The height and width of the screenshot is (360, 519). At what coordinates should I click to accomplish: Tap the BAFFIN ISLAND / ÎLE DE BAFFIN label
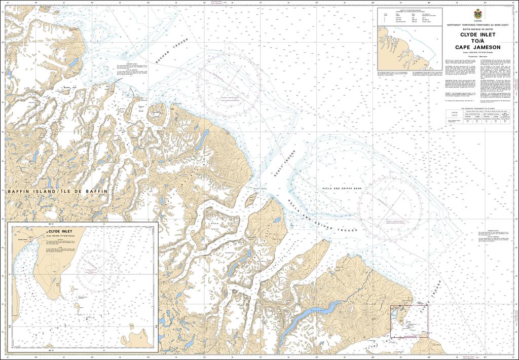tap(57, 191)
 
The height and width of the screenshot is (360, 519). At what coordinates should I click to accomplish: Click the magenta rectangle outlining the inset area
tap(409, 321)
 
